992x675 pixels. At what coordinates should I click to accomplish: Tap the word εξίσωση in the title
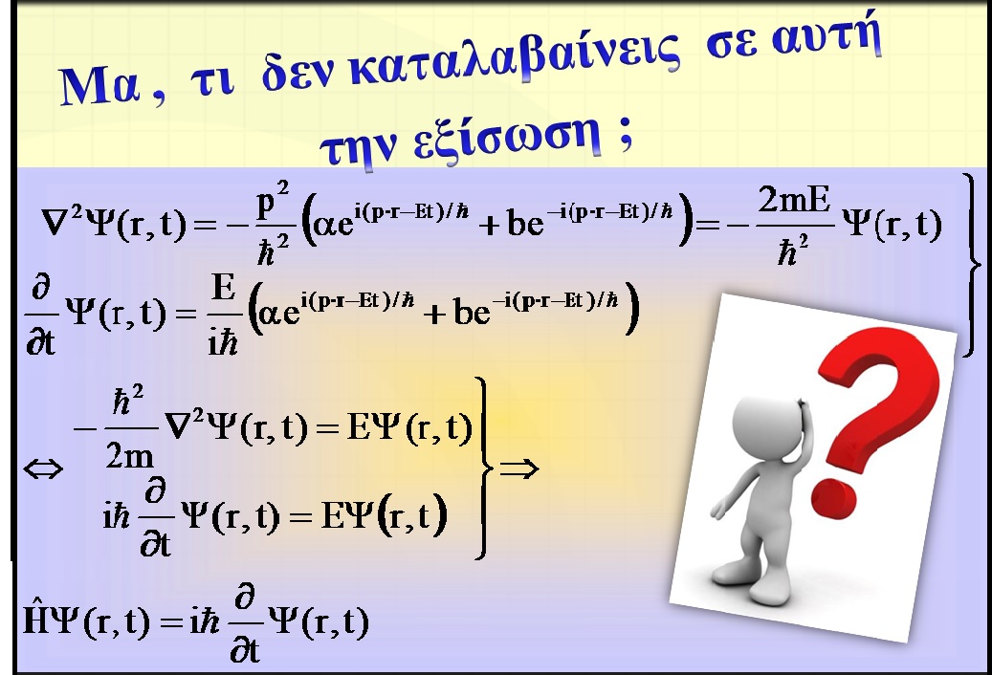[x=507, y=137]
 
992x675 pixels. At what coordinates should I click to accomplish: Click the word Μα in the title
[x=99, y=86]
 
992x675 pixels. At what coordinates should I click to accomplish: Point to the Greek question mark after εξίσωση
[x=625, y=134]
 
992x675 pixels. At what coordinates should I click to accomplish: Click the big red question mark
[x=876, y=418]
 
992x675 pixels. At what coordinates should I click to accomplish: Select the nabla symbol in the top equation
[x=55, y=223]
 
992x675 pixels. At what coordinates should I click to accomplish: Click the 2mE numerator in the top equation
[x=794, y=201]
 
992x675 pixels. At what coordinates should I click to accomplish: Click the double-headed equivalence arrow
[x=43, y=469]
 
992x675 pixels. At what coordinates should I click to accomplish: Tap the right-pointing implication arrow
[x=518, y=468]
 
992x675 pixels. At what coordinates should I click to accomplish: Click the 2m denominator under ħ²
[x=129, y=454]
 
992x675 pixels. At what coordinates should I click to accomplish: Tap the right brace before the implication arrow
[x=484, y=468]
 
